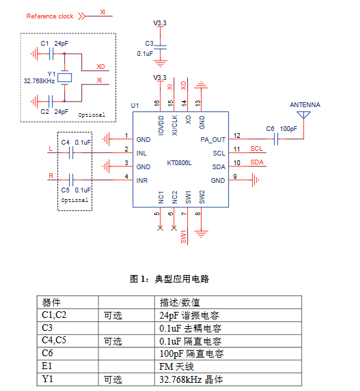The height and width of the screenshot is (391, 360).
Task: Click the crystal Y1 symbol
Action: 65,78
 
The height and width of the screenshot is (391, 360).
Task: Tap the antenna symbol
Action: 303,115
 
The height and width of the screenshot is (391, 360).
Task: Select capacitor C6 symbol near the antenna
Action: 276,139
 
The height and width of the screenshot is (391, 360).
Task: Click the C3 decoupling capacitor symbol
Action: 160,47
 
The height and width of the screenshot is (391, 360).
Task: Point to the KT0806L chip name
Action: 179,163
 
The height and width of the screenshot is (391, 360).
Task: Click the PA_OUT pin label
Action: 213,140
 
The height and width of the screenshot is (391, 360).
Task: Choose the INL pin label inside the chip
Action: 141,153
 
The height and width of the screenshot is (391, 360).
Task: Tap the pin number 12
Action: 236,135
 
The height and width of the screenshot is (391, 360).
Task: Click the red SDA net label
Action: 257,162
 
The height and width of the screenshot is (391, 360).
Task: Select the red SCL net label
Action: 256,149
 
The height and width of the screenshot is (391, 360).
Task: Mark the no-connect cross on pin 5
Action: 161,228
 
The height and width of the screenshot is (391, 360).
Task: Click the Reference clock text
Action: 50,16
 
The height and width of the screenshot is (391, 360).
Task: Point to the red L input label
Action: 51,149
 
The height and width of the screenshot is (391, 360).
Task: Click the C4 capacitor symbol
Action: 71,153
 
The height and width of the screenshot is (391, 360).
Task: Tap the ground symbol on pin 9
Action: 255,179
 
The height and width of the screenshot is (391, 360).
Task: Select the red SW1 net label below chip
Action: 184,237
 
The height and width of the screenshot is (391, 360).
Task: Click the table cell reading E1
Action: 68,366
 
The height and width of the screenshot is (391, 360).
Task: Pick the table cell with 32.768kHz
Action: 228,379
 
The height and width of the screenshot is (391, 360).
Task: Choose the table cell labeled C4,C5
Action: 68,341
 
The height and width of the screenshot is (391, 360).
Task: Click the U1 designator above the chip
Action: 135,106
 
